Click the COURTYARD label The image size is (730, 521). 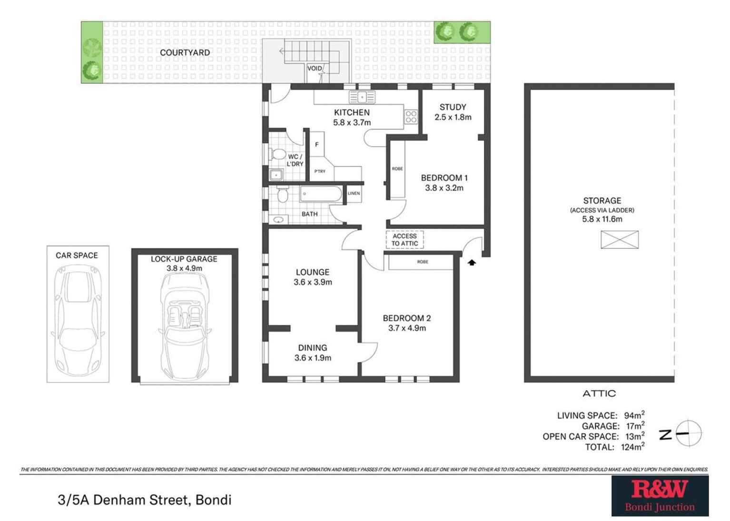[185, 52]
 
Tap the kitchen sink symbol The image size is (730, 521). [362, 97]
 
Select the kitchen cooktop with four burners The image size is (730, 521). [411, 117]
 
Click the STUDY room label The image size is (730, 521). [453, 107]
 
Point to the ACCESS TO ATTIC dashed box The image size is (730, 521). [404, 240]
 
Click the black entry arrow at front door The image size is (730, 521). [472, 262]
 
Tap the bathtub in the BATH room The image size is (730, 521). [320, 195]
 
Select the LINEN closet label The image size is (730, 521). [354, 193]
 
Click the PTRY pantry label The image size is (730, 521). [320, 171]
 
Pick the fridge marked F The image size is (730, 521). [317, 145]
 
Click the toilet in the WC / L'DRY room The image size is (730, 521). [277, 155]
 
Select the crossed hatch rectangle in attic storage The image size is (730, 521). [619, 239]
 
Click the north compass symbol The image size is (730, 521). [688, 433]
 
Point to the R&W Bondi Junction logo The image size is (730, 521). [660, 495]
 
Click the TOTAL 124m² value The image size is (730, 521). [632, 447]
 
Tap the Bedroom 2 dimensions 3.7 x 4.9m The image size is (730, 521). [407, 328]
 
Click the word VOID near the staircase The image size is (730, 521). [315, 68]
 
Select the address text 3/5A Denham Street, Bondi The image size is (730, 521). [144, 500]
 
